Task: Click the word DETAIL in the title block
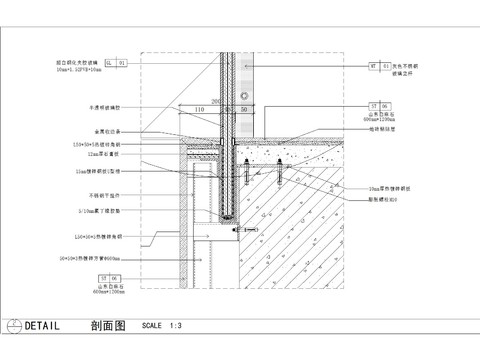(41, 326)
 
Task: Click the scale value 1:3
(175, 326)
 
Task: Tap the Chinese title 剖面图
(107, 326)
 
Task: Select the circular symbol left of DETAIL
(12, 326)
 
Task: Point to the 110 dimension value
(199, 108)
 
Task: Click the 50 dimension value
(244, 108)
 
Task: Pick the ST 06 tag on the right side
(379, 105)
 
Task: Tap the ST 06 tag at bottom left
(108, 277)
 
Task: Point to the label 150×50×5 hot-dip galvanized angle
(98, 145)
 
